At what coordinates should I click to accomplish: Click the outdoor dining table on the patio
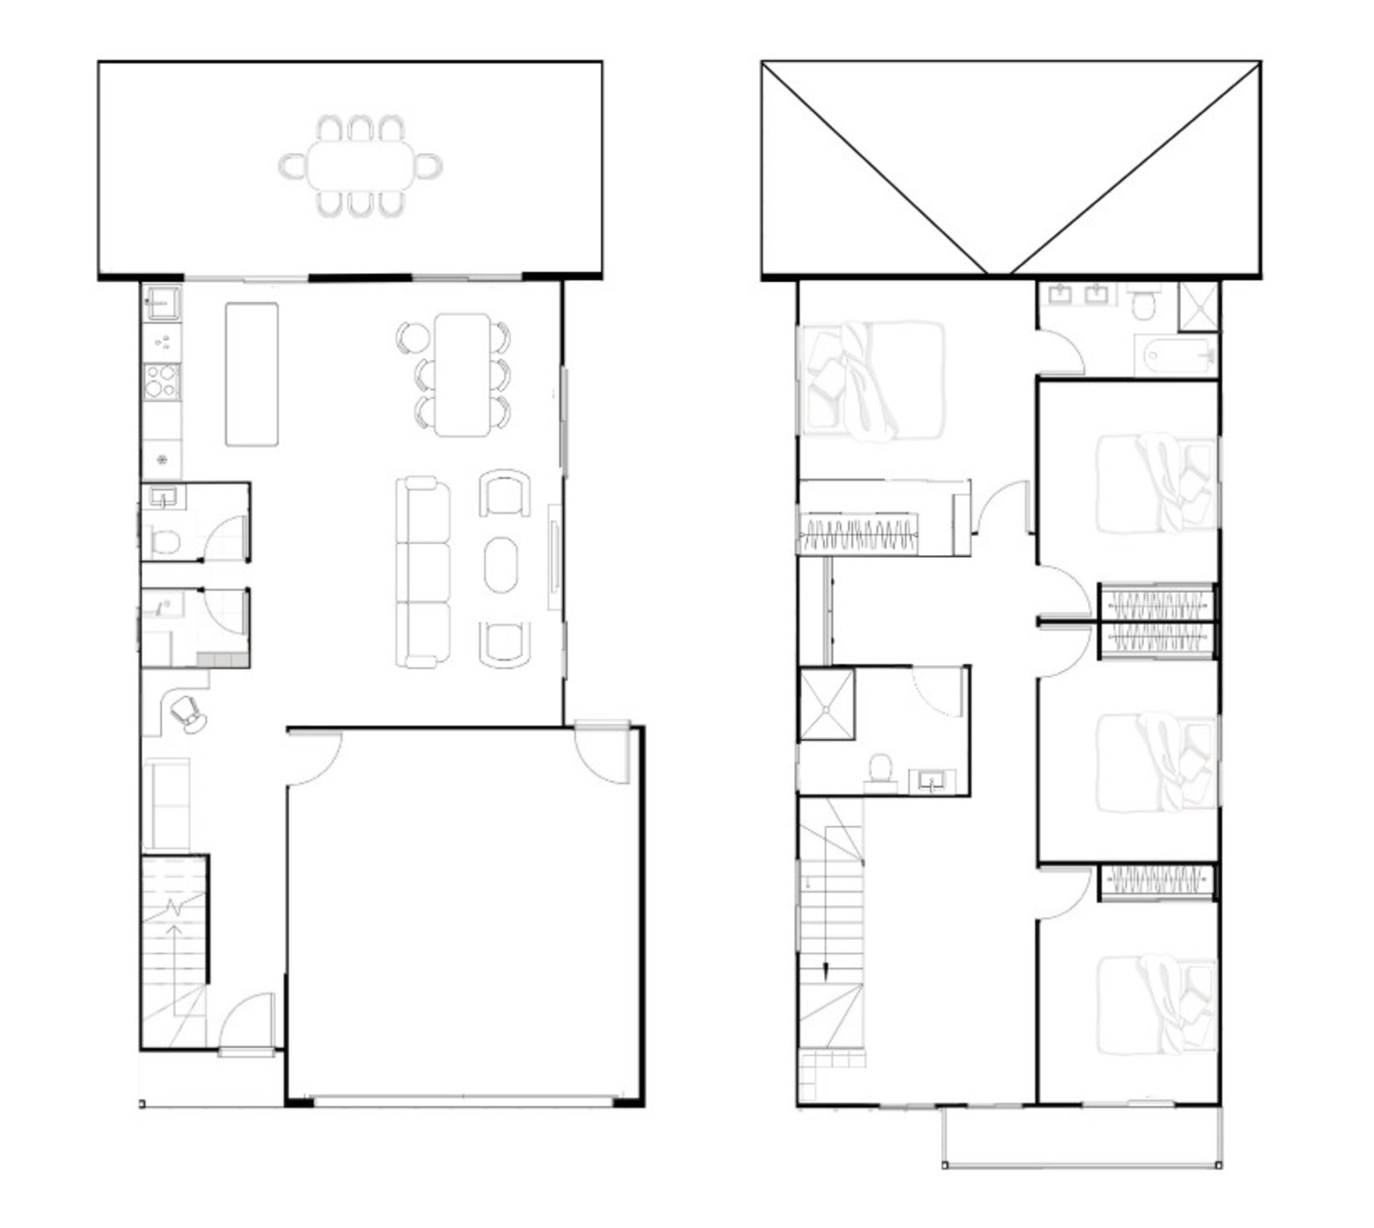(x=361, y=166)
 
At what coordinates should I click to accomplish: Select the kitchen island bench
(x=252, y=374)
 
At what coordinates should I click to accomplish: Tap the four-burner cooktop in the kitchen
(x=161, y=381)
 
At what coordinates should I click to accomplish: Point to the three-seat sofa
(x=422, y=572)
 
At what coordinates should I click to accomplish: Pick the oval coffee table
(x=501, y=564)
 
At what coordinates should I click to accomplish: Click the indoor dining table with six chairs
(x=463, y=375)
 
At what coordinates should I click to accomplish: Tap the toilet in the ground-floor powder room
(x=165, y=541)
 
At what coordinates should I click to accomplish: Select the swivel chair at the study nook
(x=188, y=712)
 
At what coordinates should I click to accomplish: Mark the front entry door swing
(x=245, y=1021)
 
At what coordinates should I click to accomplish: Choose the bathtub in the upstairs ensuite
(x=1174, y=354)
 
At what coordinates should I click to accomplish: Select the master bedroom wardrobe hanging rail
(x=859, y=535)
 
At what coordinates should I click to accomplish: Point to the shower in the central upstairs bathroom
(x=827, y=704)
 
